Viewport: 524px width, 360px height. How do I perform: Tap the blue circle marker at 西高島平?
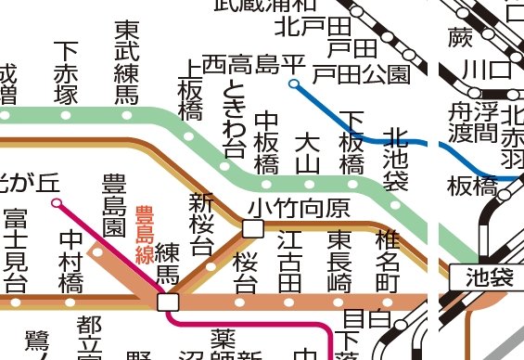(293, 84)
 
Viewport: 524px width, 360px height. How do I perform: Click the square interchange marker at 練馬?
(168, 302)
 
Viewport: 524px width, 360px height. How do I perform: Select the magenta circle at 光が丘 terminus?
(57, 201)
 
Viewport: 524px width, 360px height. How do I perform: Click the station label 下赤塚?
(66, 72)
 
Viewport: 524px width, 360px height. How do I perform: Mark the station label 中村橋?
(71, 260)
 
